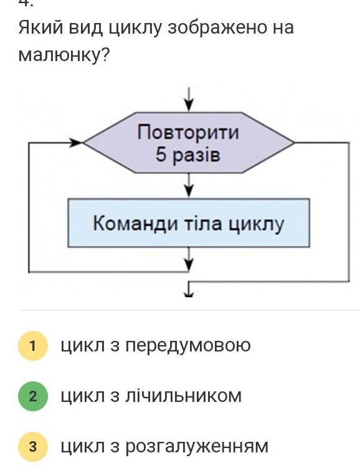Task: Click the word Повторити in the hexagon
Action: [188, 132]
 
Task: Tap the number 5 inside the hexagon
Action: [161, 155]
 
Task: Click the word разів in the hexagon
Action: [196, 156]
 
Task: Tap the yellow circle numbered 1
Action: [33, 346]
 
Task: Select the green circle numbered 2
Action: [33, 396]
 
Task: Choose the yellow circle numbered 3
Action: [33, 447]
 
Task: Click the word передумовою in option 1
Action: [187, 346]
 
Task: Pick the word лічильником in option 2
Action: [183, 396]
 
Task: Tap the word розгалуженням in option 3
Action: [197, 447]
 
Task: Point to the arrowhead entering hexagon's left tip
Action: [76, 143]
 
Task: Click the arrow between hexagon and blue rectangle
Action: [189, 185]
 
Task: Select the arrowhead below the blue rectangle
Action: [189, 264]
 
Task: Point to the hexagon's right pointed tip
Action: [294, 143]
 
